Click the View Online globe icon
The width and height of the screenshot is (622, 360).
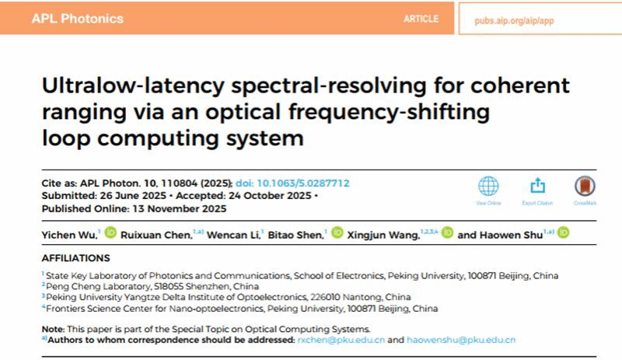click(488, 187)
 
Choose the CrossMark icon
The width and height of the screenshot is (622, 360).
click(585, 187)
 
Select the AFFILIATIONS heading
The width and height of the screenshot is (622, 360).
click(76, 257)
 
